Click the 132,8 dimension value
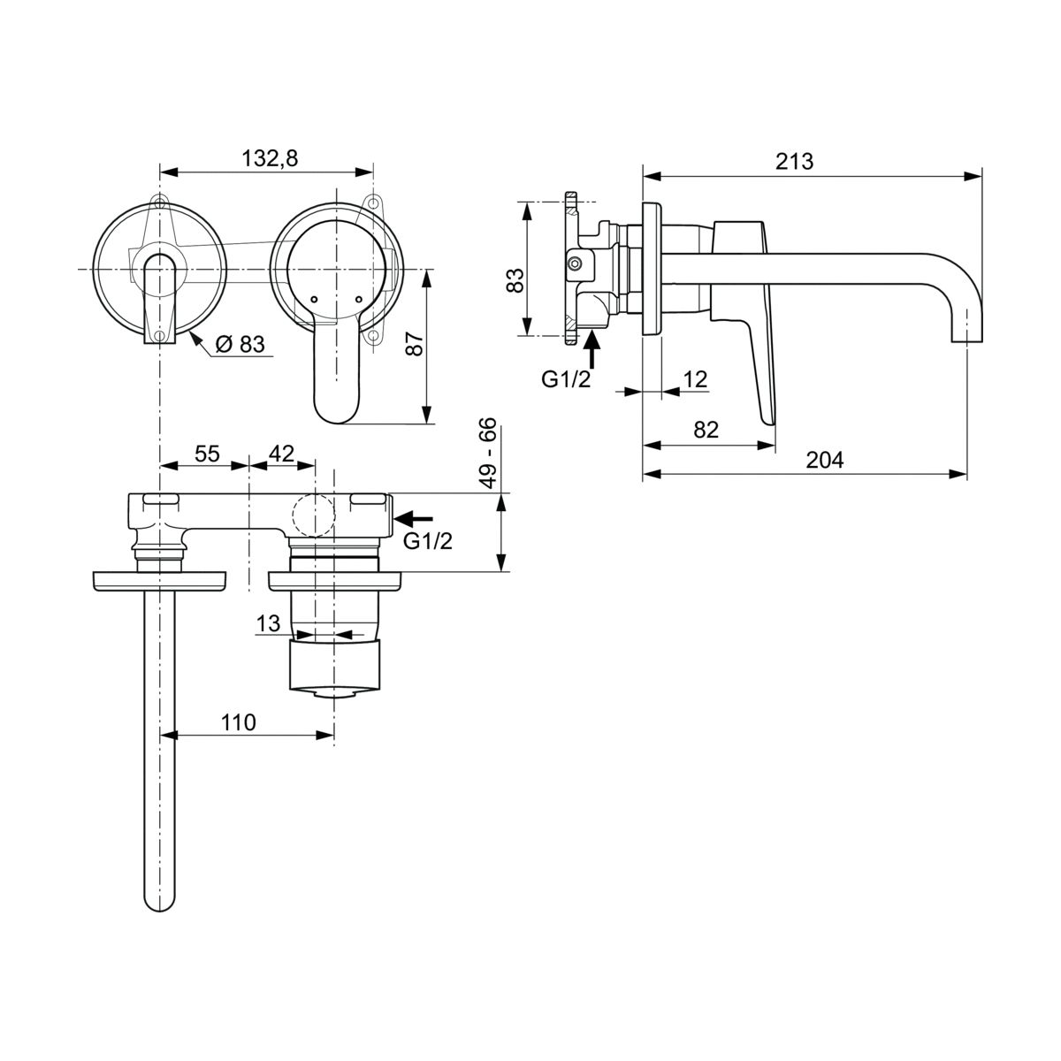pos(270,158)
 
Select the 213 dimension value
pos(794,161)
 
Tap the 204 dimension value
pos(824,460)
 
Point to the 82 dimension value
pos(706,430)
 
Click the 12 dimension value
pos(695,379)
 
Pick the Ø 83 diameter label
pos(240,344)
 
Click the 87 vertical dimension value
pos(414,344)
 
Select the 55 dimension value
pos(207,454)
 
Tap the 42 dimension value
pos(281,454)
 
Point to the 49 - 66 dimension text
pos(488,454)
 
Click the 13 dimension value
pos(268,624)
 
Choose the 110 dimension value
pos(239,722)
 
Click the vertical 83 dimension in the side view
pos(515,281)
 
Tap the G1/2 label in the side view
pos(566,379)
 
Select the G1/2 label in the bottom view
pos(428,541)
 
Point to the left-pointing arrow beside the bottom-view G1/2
pos(414,518)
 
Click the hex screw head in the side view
pos(575,263)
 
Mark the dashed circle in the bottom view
pos(314,515)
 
